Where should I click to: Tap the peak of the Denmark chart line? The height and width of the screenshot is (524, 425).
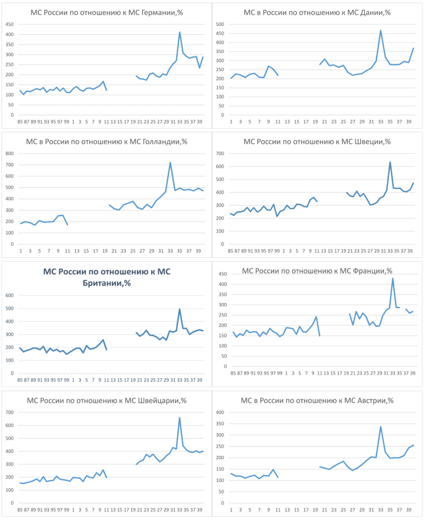point(381,30)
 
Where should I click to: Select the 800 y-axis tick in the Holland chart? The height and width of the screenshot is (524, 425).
point(9,154)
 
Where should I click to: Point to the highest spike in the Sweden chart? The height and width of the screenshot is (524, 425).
point(390,162)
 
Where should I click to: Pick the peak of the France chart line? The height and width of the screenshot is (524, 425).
point(393,278)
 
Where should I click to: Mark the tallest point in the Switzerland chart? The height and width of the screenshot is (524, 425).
point(179,418)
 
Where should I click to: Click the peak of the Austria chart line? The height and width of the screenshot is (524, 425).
point(381,426)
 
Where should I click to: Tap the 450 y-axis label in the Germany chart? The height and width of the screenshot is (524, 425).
point(9,24)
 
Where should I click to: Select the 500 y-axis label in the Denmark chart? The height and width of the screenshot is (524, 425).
point(220,24)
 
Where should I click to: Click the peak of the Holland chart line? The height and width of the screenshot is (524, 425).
point(170,162)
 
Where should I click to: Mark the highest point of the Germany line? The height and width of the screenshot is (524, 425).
point(180,32)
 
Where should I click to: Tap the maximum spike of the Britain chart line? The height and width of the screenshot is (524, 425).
point(179,309)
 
